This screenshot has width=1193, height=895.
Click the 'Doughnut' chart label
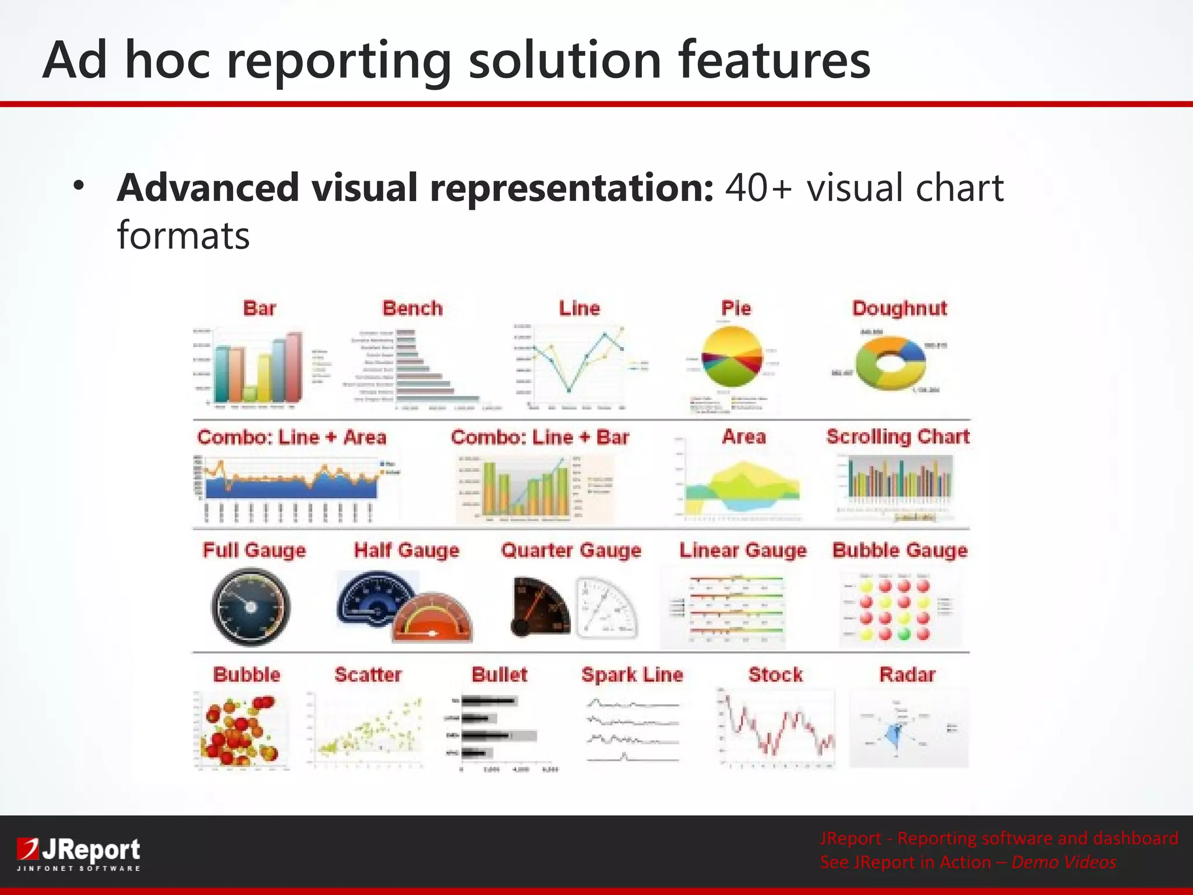click(x=899, y=308)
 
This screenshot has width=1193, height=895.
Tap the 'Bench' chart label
click(x=412, y=308)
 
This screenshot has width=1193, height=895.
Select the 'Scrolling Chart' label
click(x=898, y=436)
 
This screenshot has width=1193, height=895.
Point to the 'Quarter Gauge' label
click(x=571, y=550)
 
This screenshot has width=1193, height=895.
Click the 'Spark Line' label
click(x=632, y=675)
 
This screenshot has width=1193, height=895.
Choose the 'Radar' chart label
click(x=907, y=675)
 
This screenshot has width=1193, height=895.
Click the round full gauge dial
click(x=250, y=607)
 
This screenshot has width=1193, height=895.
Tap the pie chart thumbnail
click(x=732, y=357)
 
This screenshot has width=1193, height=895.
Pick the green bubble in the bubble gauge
click(x=904, y=633)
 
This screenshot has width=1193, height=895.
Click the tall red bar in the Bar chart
click(x=294, y=367)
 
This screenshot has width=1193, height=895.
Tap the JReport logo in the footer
click(x=79, y=854)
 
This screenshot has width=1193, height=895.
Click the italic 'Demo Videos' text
click(x=1064, y=862)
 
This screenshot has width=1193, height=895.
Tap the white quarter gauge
click(x=606, y=608)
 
